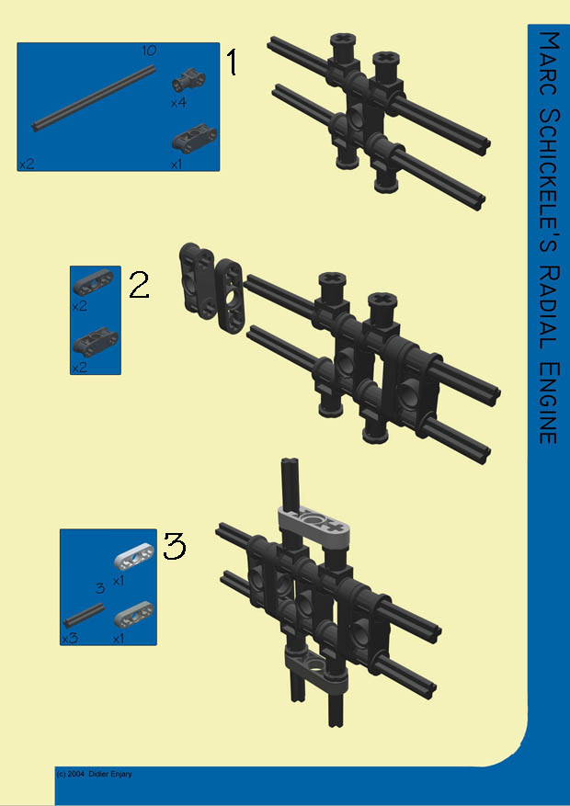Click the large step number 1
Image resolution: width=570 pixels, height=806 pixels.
pos(233,62)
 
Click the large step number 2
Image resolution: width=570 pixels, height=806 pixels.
pos(139,285)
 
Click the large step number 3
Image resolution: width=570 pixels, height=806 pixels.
pos(175,546)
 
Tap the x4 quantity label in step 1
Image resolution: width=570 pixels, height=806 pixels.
pos(178,103)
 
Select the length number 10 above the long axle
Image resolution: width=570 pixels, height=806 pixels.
pos(149,51)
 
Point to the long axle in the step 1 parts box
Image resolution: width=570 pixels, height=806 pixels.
pos(94,97)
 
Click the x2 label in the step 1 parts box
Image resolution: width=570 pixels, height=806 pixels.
pos(27,165)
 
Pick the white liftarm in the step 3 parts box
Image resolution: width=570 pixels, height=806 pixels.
pos(133,556)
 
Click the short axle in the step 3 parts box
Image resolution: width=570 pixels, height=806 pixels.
pos(84,615)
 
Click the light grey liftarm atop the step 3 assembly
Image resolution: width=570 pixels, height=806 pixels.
pos(313,523)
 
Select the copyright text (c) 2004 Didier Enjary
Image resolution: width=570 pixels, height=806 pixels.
pos(94,774)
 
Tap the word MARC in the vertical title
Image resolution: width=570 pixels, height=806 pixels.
pos(549,60)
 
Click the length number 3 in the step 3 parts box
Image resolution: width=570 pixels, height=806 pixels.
pos(100,588)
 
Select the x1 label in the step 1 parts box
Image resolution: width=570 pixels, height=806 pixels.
pos(177,165)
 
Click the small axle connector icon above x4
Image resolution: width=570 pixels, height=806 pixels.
pos(188,79)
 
